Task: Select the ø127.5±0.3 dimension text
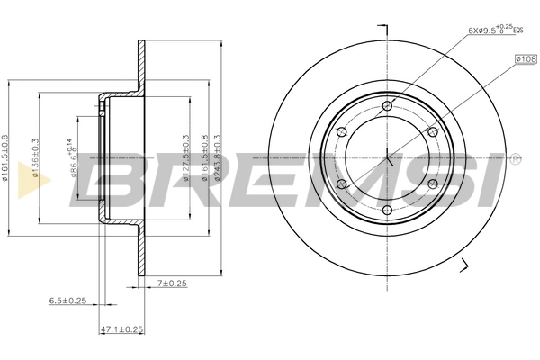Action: pos(185,158)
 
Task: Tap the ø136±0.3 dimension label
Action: pos(36,157)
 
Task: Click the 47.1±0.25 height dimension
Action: pos(121,329)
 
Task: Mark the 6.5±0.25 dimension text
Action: pos(68,300)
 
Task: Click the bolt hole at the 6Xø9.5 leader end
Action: pos(388,107)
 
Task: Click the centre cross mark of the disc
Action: pos(388,159)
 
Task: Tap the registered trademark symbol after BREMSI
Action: pos(515,158)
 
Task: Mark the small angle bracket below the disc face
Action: pos(465,264)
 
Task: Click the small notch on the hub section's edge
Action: pos(105,109)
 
